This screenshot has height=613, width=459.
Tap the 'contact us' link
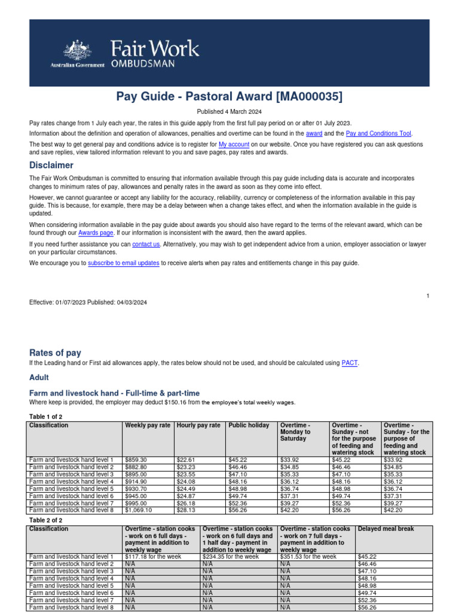click(146, 244)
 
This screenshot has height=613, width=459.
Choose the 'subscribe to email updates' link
click(123, 263)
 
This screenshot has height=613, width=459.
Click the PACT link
click(349, 363)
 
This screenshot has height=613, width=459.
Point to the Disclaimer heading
click(51, 165)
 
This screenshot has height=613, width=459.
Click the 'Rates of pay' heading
click(55, 353)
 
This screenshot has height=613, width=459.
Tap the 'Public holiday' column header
click(249, 426)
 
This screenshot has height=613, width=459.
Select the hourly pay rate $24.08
click(186, 481)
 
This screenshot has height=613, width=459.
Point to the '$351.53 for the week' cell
click(308, 557)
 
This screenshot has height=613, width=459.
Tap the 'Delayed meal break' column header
click(385, 529)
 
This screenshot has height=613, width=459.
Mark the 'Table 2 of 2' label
click(45, 521)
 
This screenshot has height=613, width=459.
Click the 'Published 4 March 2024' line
click(229, 112)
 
